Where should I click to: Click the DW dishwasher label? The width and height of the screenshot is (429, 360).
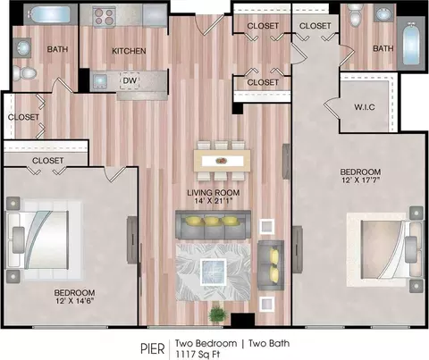coord(130,80)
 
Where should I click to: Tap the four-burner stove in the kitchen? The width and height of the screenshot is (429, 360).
coord(104,16)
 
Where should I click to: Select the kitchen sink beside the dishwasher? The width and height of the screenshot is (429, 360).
coord(99,81)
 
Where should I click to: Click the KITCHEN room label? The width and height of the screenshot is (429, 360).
coord(129,51)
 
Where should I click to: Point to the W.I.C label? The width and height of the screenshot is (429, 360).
coord(365,107)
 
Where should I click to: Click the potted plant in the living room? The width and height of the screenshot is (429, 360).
coord(218,314)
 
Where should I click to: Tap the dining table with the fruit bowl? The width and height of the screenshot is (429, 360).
coord(222,161)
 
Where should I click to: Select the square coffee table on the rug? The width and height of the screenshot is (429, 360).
coord(213,272)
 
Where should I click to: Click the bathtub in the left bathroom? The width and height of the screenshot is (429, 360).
coord(51,14)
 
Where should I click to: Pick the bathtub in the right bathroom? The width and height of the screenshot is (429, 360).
coord(411,43)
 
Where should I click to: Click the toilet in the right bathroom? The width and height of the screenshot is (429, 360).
coord(355,15)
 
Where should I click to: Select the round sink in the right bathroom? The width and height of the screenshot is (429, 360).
coord(384,13)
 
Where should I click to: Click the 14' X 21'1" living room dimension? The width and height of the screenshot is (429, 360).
coord(214,201)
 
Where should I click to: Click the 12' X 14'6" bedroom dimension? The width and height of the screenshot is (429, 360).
coord(74,301)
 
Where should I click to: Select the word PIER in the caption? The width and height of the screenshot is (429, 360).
coord(152,349)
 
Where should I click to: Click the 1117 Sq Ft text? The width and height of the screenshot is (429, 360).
coord(198,355)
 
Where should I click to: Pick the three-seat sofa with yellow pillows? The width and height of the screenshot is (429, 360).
coord(213,224)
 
